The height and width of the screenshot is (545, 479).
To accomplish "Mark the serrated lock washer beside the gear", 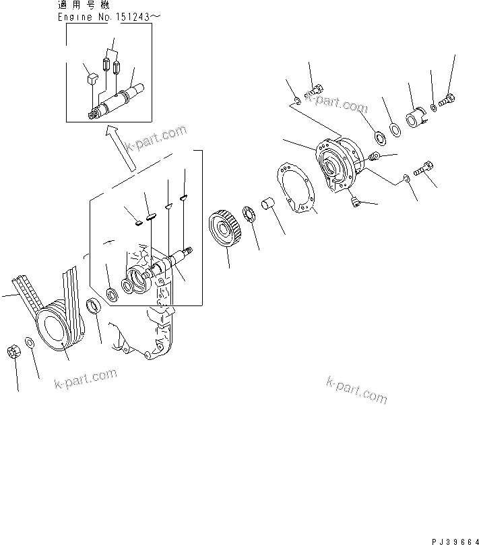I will pos(248,217).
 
